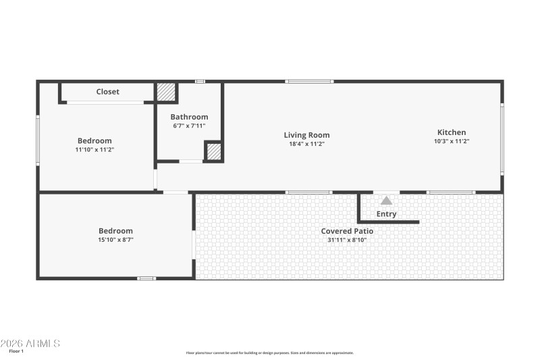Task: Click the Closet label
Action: click(107, 92)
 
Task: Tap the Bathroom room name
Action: click(189, 117)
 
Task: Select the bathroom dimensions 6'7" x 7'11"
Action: click(189, 126)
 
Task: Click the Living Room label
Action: click(306, 135)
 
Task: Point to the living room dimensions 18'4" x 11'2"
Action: click(306, 144)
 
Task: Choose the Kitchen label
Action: click(452, 132)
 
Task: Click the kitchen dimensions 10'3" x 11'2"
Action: click(452, 141)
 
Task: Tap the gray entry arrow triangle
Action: click(386, 201)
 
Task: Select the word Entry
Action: click(386, 214)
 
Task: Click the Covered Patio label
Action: click(347, 231)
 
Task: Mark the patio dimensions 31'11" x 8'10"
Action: click(347, 240)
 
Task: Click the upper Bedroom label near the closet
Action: click(94, 140)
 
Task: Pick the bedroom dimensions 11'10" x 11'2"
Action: click(94, 149)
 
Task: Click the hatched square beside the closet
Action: click(166, 92)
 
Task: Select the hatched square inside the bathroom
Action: click(213, 152)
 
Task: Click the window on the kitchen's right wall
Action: click(502, 138)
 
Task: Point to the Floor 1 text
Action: click(16, 351)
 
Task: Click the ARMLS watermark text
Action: click(30, 343)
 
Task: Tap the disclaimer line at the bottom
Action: click(270, 353)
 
